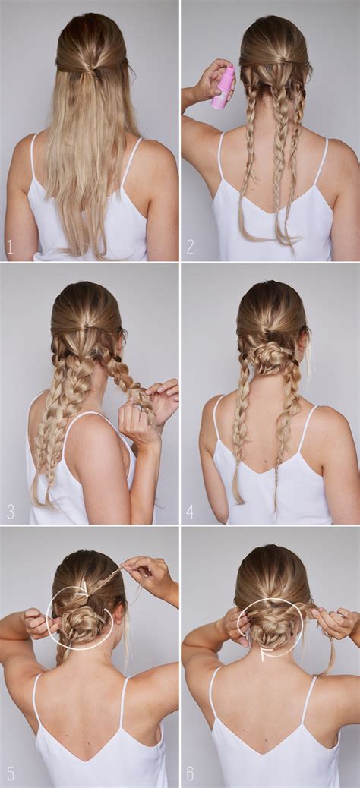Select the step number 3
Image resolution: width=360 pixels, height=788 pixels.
pyautogui.click(x=10, y=511)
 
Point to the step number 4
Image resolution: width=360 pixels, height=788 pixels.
pyautogui.click(x=190, y=511)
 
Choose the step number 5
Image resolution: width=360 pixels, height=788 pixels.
pyautogui.click(x=10, y=774)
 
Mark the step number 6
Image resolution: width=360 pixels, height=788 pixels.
pyautogui.click(x=190, y=774)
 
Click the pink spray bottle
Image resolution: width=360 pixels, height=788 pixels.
pyautogui.click(x=223, y=87)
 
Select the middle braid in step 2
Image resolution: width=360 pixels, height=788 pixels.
pyautogui.click(x=281, y=152)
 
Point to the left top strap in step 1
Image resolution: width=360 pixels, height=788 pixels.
pyautogui.click(x=34, y=159)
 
